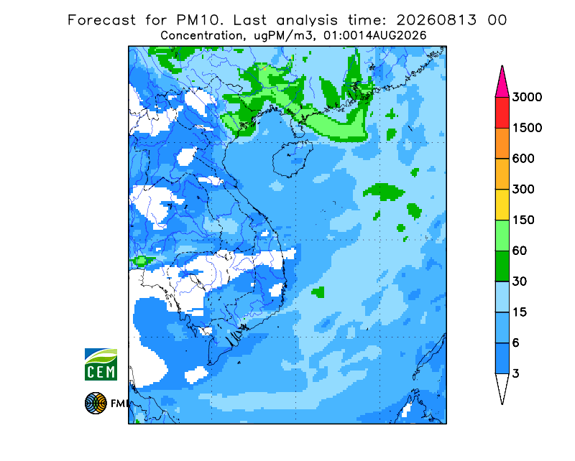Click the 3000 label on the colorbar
pyautogui.click(x=527, y=97)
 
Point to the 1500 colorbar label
pyautogui.click(x=527, y=128)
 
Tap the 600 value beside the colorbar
pyautogui.click(x=523, y=159)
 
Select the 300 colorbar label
pyautogui.click(x=523, y=190)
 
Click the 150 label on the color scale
pyautogui.click(x=523, y=220)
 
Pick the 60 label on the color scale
pyautogui.click(x=520, y=251)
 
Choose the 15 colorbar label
pyautogui.click(x=520, y=312)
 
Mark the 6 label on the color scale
pyautogui.click(x=516, y=343)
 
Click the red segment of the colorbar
pyautogui.click(x=502, y=113)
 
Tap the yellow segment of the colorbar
pyautogui.click(x=502, y=205)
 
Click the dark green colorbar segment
pyautogui.click(x=502, y=266)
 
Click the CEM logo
pyautogui.click(x=101, y=364)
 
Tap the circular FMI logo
pyautogui.click(x=96, y=403)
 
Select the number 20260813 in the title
pyautogui.click(x=437, y=20)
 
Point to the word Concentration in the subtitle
pyautogui.click(x=201, y=36)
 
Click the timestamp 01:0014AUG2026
pyautogui.click(x=374, y=36)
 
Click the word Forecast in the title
pyautogui.click(x=101, y=20)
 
